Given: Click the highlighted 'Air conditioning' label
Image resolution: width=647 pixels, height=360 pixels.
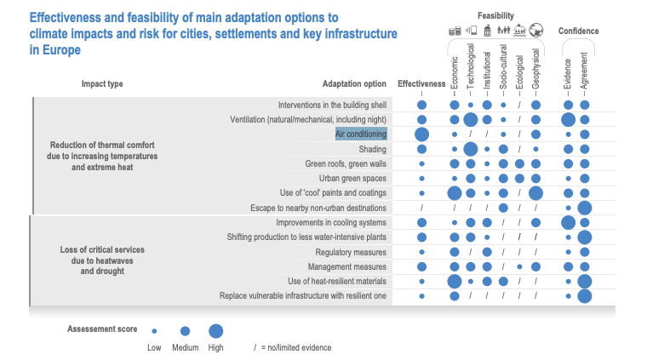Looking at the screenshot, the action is pyautogui.click(x=361, y=134).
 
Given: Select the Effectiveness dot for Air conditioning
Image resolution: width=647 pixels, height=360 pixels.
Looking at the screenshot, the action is pyautogui.click(x=421, y=134).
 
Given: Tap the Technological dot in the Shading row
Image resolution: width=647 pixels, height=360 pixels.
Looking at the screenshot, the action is pyautogui.click(x=471, y=149).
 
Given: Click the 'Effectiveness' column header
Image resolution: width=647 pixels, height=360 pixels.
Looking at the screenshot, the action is pyautogui.click(x=421, y=83).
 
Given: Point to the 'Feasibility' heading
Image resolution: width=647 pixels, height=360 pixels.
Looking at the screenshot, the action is pyautogui.click(x=495, y=15).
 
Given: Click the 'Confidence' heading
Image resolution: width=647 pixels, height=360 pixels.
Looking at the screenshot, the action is pyautogui.click(x=578, y=31).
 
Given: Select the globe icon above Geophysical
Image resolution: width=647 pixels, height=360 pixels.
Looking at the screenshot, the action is pyautogui.click(x=536, y=30).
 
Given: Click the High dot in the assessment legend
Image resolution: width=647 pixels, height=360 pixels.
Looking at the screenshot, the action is pyautogui.click(x=215, y=331).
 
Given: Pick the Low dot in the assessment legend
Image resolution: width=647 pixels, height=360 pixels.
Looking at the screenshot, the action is pyautogui.click(x=154, y=331).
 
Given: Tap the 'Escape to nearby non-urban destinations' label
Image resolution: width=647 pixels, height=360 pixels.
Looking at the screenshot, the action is pyautogui.click(x=318, y=208).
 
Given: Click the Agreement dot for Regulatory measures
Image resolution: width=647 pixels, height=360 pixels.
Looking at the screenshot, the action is pyautogui.click(x=585, y=252).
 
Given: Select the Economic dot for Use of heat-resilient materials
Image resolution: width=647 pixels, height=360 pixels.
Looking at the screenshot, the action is pyautogui.click(x=455, y=281).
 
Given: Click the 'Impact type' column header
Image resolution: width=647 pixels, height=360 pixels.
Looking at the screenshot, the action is pyautogui.click(x=102, y=83).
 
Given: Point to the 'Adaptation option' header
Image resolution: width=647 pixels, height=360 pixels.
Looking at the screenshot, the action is pyautogui.click(x=354, y=83).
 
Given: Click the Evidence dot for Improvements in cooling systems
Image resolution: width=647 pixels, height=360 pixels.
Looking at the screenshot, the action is pyautogui.click(x=568, y=223).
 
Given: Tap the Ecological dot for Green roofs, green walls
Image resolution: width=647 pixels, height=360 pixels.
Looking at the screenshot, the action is pyautogui.click(x=519, y=163).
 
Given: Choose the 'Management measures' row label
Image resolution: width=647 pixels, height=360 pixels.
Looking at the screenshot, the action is pyautogui.click(x=347, y=266).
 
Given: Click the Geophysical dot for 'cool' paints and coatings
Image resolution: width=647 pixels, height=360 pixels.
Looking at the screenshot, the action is pyautogui.click(x=535, y=193).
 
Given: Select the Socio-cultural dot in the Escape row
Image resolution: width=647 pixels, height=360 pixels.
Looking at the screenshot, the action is pyautogui.click(x=503, y=208).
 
